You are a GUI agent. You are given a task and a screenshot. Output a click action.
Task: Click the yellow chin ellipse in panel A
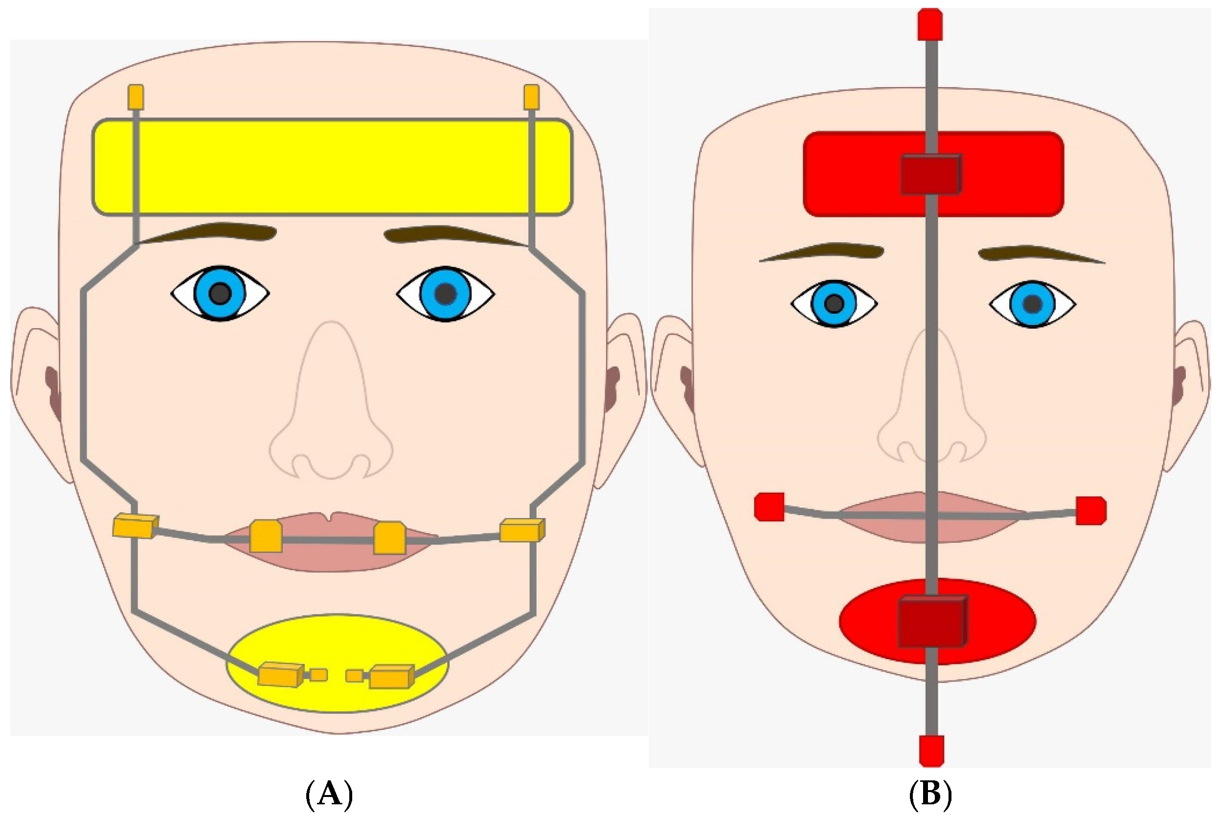coord(337,642)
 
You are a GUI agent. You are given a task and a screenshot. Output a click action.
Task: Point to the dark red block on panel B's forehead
coord(930,174)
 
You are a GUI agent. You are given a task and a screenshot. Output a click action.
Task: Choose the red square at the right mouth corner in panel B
coord(1091,510)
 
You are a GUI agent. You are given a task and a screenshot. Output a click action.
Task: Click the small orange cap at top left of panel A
coord(136,97)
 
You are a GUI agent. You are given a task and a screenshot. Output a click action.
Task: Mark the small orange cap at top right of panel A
coord(531,97)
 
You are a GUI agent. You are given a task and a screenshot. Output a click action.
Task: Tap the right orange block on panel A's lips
coord(389,538)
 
